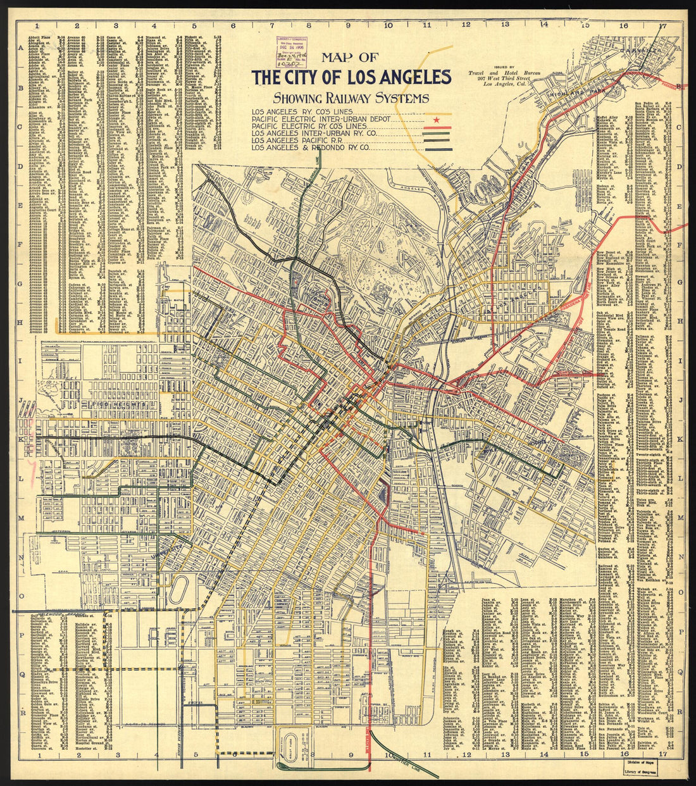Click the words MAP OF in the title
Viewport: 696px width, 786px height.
pos(349,58)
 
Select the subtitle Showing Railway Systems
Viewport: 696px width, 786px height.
pos(351,98)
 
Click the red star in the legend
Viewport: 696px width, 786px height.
pos(435,118)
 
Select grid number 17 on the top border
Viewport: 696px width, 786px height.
pos(662,27)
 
